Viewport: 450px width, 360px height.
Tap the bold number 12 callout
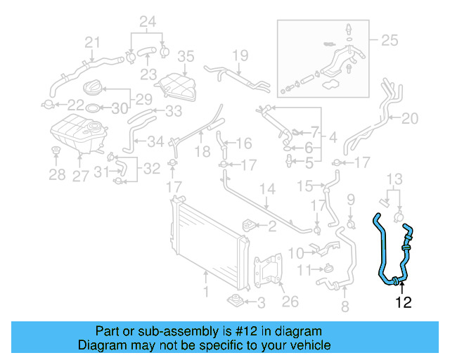(403, 303)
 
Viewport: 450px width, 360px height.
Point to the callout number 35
(185, 56)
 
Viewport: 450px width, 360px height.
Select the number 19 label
(240, 55)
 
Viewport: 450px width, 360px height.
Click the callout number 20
(409, 117)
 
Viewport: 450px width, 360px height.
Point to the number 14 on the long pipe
(267, 188)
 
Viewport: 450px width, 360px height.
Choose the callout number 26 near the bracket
(290, 302)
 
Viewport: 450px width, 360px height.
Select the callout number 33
(173, 110)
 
